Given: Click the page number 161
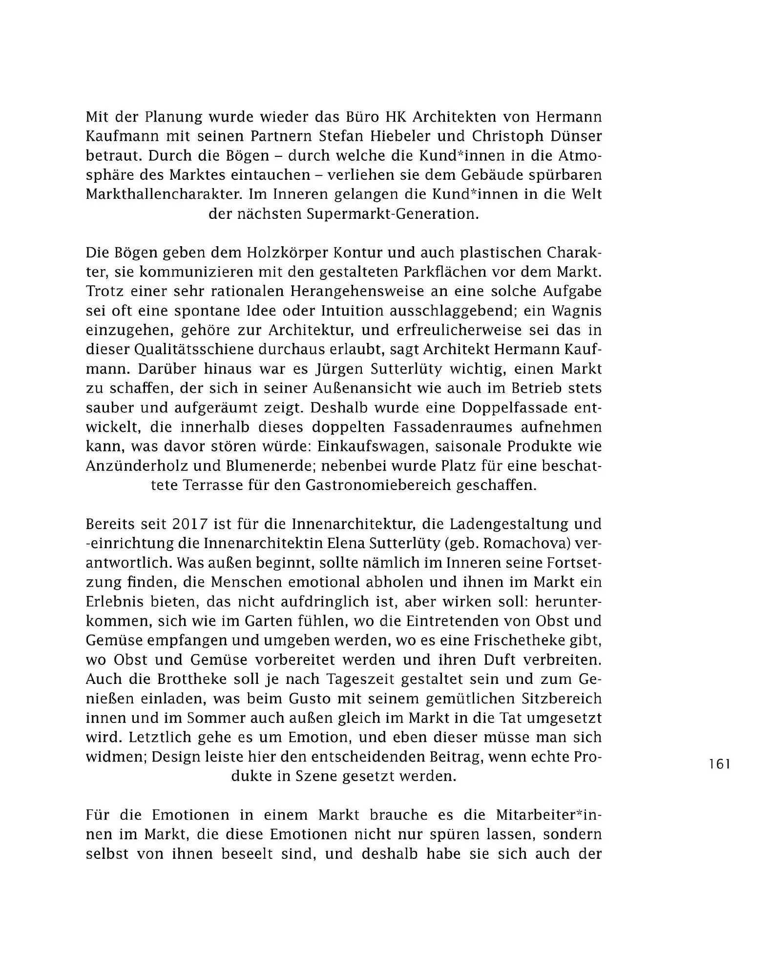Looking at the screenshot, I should pyautogui.click(x=719, y=764).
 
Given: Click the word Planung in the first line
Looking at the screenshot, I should pyautogui.click(x=174, y=117).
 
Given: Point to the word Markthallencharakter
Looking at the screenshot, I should pyautogui.click(x=164, y=195).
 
